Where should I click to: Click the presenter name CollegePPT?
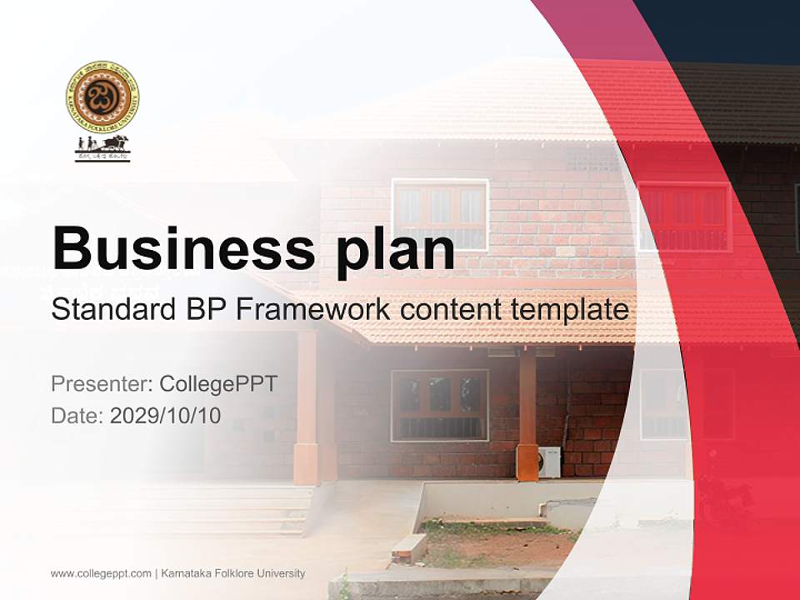pos(218,384)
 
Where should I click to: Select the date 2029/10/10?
pos(165,416)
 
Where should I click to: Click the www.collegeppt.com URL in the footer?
pos(100,573)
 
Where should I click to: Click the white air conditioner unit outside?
pos(550,462)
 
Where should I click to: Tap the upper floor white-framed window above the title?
pos(440,213)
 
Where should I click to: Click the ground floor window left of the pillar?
pos(439,405)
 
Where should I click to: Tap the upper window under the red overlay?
pos(684,217)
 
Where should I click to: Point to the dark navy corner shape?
pos(725,29)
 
